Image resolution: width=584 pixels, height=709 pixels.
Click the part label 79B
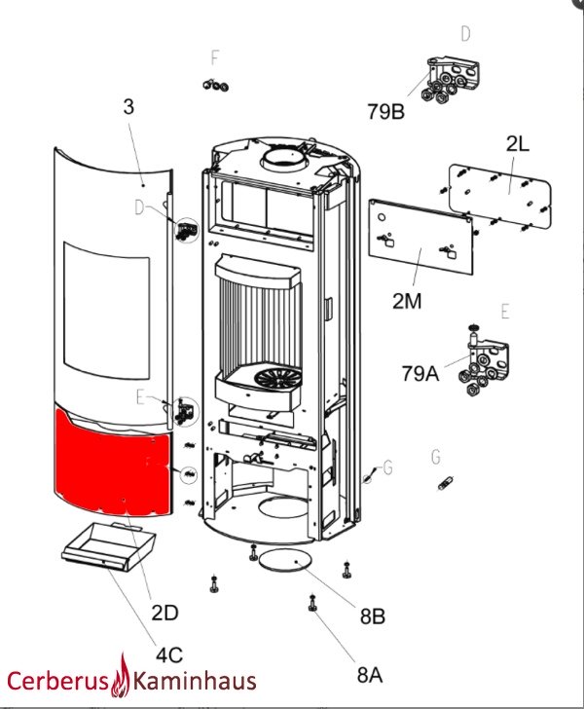click(386, 111)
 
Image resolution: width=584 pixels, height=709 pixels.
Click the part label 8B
click(373, 616)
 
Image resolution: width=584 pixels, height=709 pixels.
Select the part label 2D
click(164, 613)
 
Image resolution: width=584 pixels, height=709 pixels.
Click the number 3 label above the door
click(128, 107)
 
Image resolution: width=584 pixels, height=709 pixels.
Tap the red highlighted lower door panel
click(115, 466)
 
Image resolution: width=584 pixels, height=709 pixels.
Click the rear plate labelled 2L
click(498, 195)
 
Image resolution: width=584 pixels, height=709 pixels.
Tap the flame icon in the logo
click(123, 674)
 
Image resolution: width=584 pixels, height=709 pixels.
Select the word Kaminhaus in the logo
click(194, 681)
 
